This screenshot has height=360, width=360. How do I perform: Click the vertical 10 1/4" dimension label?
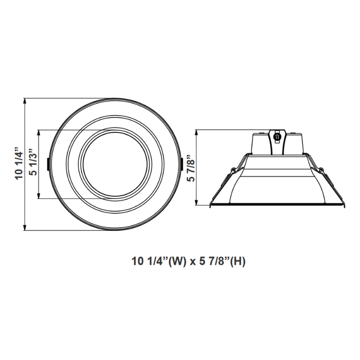click(x=20, y=164)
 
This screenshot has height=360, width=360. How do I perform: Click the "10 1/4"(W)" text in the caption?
click(x=157, y=261)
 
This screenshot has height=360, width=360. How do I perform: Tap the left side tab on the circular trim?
click(x=48, y=163)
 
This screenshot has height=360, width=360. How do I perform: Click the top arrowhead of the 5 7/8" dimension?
click(x=197, y=132)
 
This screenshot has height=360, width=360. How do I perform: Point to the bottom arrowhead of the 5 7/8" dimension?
click(x=197, y=205)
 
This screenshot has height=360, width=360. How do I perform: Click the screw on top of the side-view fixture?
click(x=278, y=137)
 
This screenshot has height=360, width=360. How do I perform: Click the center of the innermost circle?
click(x=115, y=164)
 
